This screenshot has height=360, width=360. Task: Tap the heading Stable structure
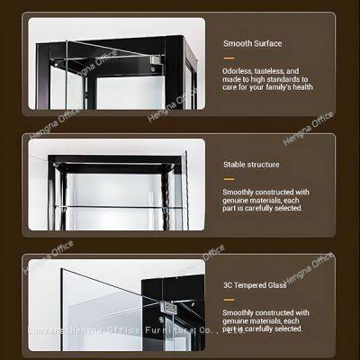pyautogui.click(x=251, y=165)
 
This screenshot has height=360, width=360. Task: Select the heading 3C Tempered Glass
pyautogui.click(x=256, y=286)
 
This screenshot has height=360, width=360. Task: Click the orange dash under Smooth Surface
pyautogui.click(x=228, y=57)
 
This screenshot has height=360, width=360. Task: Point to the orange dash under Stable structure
pyautogui.click(x=228, y=179)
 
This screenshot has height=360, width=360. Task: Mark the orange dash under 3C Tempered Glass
pyautogui.click(x=228, y=301)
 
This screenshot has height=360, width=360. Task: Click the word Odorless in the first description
pyautogui.click(x=237, y=70)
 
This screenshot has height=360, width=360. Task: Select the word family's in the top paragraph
pyautogui.click(x=273, y=87)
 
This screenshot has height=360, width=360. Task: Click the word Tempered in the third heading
pyautogui.click(x=251, y=286)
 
